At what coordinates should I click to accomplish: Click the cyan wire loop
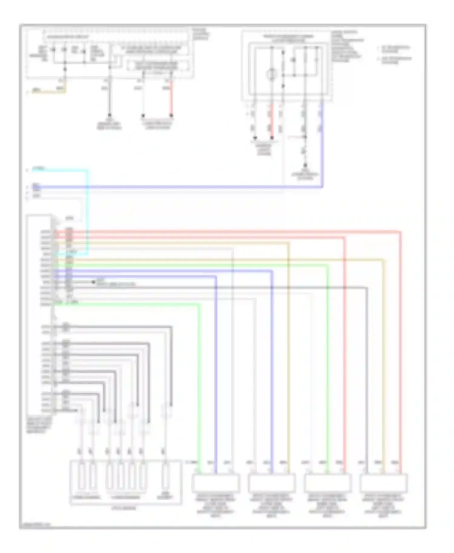88,212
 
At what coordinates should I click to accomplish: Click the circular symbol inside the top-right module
271,74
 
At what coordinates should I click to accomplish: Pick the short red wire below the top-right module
272,121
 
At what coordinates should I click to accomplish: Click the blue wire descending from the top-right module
322,145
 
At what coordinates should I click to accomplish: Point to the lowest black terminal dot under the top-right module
305,165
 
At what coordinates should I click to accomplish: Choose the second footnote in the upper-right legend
395,60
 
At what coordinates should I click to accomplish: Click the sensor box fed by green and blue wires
216,483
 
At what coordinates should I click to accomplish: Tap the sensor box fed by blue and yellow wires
271,483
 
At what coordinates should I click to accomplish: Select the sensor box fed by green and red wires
328,483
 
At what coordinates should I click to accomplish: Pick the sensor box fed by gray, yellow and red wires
383,483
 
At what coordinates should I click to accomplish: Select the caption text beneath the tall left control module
38,425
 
